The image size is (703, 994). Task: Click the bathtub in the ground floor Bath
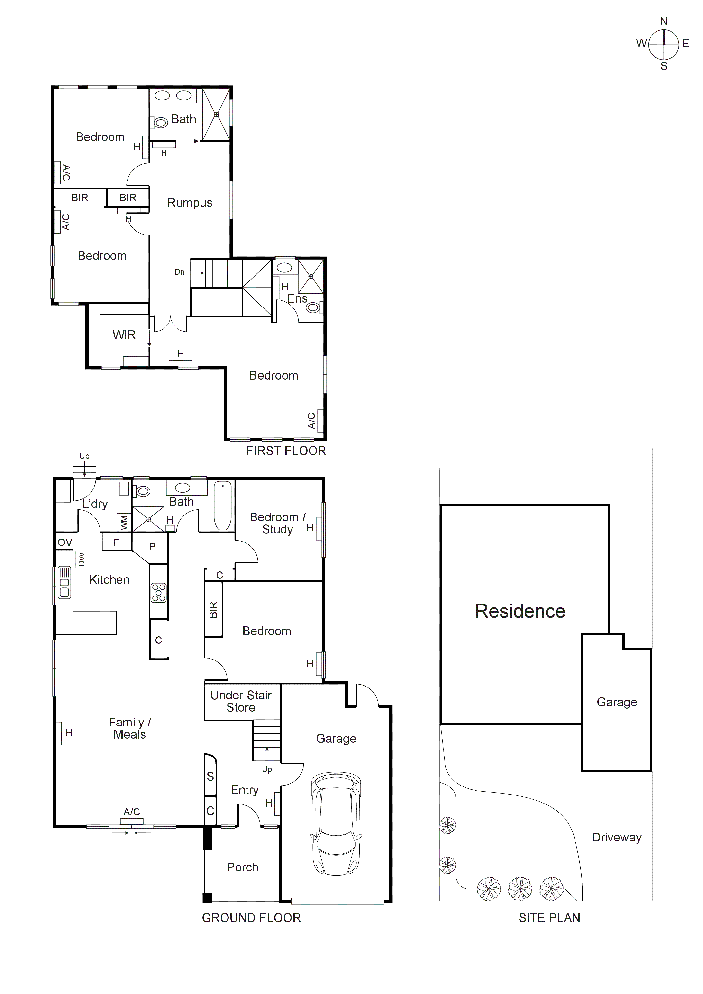pyautogui.click(x=223, y=505)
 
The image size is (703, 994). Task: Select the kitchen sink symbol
pyautogui.click(x=64, y=582)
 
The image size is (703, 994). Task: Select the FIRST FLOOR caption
pyautogui.click(x=286, y=451)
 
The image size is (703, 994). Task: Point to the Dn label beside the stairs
pyautogui.click(x=179, y=272)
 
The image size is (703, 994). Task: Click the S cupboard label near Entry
pyautogui.click(x=210, y=777)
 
